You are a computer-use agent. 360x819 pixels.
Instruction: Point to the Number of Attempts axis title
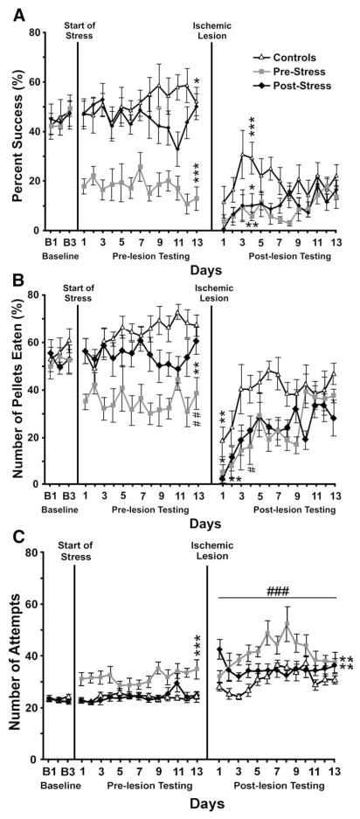pyautogui.click(x=15, y=656)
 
